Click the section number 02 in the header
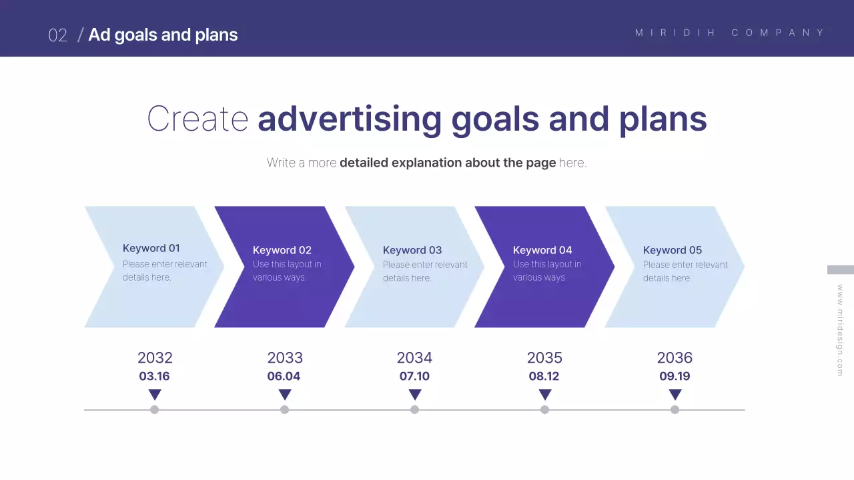pos(58,35)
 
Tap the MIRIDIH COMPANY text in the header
pos(730,33)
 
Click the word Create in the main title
pos(197,119)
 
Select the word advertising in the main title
pos(349,119)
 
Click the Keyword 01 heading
pos(151,248)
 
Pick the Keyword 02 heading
pos(282,250)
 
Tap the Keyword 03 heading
pos(412,250)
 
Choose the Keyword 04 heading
pos(542,250)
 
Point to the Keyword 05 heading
pos(672,250)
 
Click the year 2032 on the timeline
pos(155,357)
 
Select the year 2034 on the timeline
pos(414,357)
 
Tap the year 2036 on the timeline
pos(675,357)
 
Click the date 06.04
pos(284,376)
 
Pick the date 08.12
pos(544,376)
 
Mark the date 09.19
pos(675,376)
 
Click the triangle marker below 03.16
pos(155,395)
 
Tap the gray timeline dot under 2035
pos(544,409)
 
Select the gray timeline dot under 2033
pos(284,409)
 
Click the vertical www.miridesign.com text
pos(840,330)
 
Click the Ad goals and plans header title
pos(163,35)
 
